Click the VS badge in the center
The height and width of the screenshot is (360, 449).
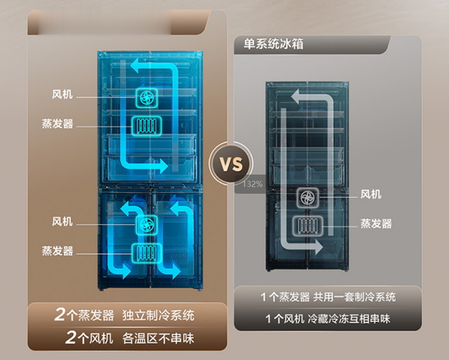(x=231, y=164)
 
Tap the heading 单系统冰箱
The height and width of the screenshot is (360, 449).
(x=273, y=44)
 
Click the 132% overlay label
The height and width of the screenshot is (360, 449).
(x=252, y=184)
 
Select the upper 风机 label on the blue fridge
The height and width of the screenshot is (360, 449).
(x=62, y=94)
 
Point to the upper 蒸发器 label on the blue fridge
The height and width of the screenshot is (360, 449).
(x=58, y=124)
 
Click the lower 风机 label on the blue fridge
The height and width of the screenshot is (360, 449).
(x=62, y=221)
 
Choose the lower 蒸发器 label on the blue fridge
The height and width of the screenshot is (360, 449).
(x=58, y=251)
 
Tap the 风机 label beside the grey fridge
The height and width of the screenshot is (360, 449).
(x=370, y=194)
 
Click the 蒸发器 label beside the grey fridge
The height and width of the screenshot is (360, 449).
(x=376, y=223)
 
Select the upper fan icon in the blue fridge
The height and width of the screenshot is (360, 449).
(x=147, y=98)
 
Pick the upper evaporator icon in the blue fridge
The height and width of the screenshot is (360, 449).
(x=147, y=126)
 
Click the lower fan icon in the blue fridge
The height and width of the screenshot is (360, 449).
(x=147, y=225)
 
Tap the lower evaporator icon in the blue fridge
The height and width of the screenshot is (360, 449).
(x=147, y=253)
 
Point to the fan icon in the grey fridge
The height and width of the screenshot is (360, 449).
(x=307, y=198)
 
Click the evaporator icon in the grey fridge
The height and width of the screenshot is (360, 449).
(x=307, y=226)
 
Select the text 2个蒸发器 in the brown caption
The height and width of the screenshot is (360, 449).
(x=84, y=315)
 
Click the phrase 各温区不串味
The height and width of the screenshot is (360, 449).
(x=158, y=338)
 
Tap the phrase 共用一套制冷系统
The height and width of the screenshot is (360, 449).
(x=354, y=298)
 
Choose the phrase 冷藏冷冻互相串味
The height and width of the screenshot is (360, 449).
(x=349, y=319)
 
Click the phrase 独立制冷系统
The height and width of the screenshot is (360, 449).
(x=158, y=316)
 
